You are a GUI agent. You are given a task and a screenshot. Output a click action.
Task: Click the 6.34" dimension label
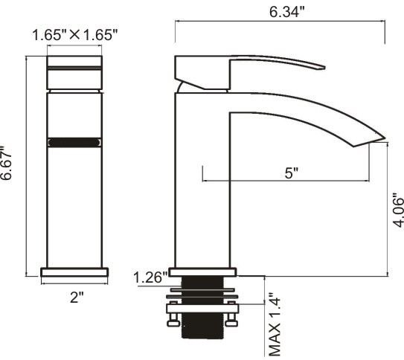click(286, 12)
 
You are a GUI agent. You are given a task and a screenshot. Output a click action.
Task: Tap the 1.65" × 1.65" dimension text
click(75, 35)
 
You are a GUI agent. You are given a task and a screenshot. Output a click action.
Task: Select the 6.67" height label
click(6, 163)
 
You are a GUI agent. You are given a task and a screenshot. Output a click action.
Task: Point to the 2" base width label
click(77, 298)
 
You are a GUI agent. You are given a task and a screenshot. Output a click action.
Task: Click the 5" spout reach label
click(292, 173)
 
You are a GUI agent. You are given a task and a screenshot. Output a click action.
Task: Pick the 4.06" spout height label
click(398, 209)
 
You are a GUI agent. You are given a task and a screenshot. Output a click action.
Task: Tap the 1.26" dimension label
click(150, 277)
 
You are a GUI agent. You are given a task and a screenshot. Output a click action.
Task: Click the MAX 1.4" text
click(274, 324)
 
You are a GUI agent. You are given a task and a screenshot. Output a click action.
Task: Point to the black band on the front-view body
click(74, 142)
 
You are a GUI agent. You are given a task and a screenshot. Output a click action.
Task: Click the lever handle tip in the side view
click(324, 68)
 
